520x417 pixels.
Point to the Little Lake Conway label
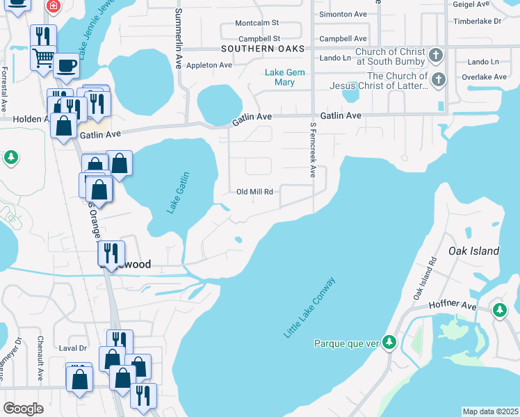pos(310,307)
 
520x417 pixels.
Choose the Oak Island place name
pos(473,250)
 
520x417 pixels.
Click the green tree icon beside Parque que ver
pos(390,343)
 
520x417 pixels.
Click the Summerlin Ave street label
pos(179,38)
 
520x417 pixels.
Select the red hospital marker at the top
pos(52,6)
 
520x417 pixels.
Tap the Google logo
pos(23,408)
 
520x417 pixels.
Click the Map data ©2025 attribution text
pos(490,411)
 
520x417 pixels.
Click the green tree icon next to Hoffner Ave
pos(499,309)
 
